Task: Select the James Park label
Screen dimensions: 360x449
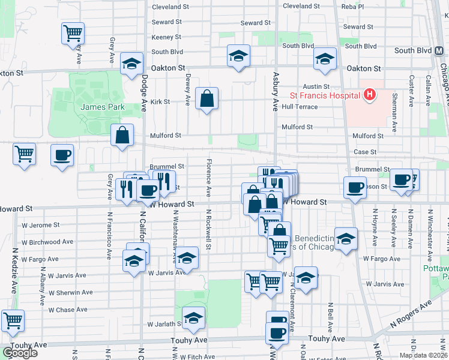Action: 97,106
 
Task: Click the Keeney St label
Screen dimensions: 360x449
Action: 163,37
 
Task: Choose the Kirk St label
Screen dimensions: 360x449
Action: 160,102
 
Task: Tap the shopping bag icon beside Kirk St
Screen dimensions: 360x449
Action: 206,99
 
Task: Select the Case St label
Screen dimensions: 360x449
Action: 365,152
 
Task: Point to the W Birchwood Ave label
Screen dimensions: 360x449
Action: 50,242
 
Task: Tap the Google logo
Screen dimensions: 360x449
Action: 19,353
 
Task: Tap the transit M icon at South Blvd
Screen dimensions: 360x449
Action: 438,52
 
